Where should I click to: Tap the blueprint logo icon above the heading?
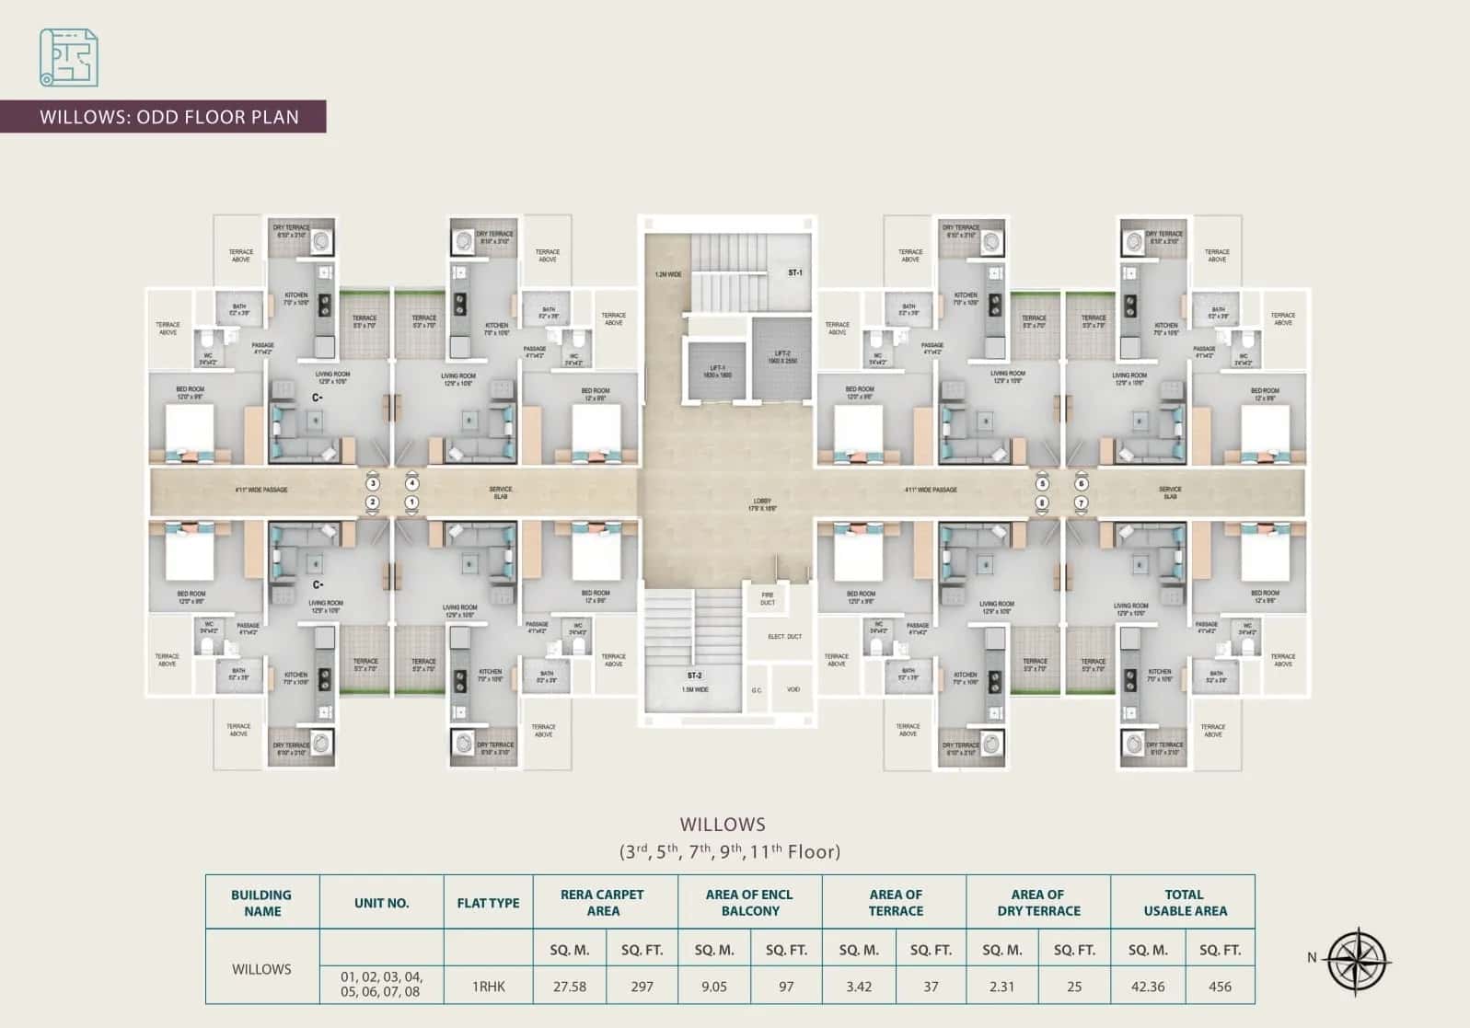tap(68, 57)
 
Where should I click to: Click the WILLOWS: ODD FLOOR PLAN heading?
tap(169, 117)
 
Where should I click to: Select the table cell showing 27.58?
tap(570, 987)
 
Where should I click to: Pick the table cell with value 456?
tap(1220, 987)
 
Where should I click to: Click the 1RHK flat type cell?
tap(488, 987)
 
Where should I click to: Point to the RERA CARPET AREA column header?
tap(603, 902)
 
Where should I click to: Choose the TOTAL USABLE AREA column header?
tap(1184, 902)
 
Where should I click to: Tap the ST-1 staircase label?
tap(794, 273)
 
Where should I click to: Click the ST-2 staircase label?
tap(694, 676)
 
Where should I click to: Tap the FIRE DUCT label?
tap(768, 599)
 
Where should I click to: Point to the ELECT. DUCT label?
tap(785, 637)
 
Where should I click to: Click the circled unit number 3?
tap(372, 483)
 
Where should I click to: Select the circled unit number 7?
tap(1082, 502)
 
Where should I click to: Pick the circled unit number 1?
tap(411, 502)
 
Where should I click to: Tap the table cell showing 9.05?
tap(713, 987)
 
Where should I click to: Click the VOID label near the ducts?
tap(793, 689)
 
